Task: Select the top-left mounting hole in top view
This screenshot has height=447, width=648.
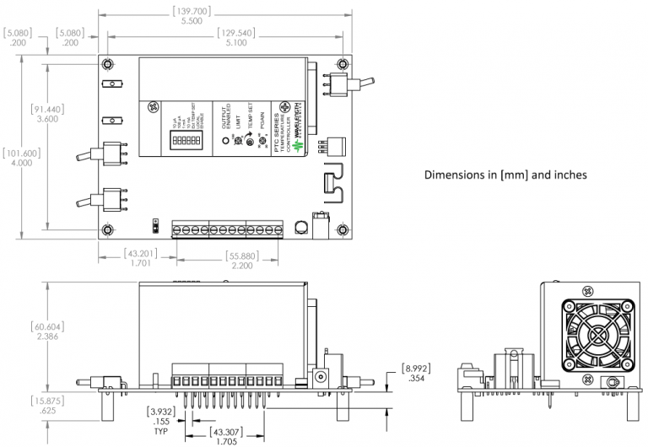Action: pos(109,65)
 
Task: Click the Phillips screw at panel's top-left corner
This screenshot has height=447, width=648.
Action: pos(153,108)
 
